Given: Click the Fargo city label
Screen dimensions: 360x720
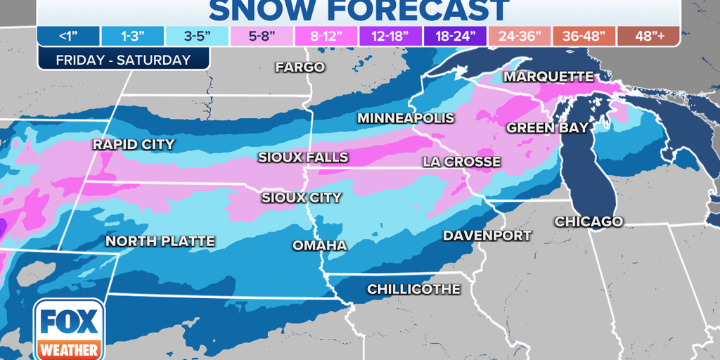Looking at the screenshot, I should [x=300, y=67].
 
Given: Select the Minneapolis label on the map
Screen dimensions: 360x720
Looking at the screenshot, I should [x=406, y=118].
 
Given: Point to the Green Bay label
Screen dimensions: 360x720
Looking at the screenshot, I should [x=547, y=127].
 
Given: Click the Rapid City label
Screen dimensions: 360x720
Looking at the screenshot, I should [x=134, y=145].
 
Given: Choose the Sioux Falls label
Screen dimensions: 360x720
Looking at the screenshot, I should [x=302, y=157].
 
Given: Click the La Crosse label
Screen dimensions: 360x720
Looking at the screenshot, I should [x=461, y=162].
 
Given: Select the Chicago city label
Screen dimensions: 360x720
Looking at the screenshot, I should [x=589, y=221].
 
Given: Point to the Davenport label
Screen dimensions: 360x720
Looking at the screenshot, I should [x=487, y=236].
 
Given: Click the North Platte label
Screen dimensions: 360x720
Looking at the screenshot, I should [x=160, y=241].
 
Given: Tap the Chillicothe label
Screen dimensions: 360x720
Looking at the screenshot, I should [x=413, y=289].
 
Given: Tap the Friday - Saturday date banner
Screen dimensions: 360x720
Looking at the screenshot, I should [x=123, y=59].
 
